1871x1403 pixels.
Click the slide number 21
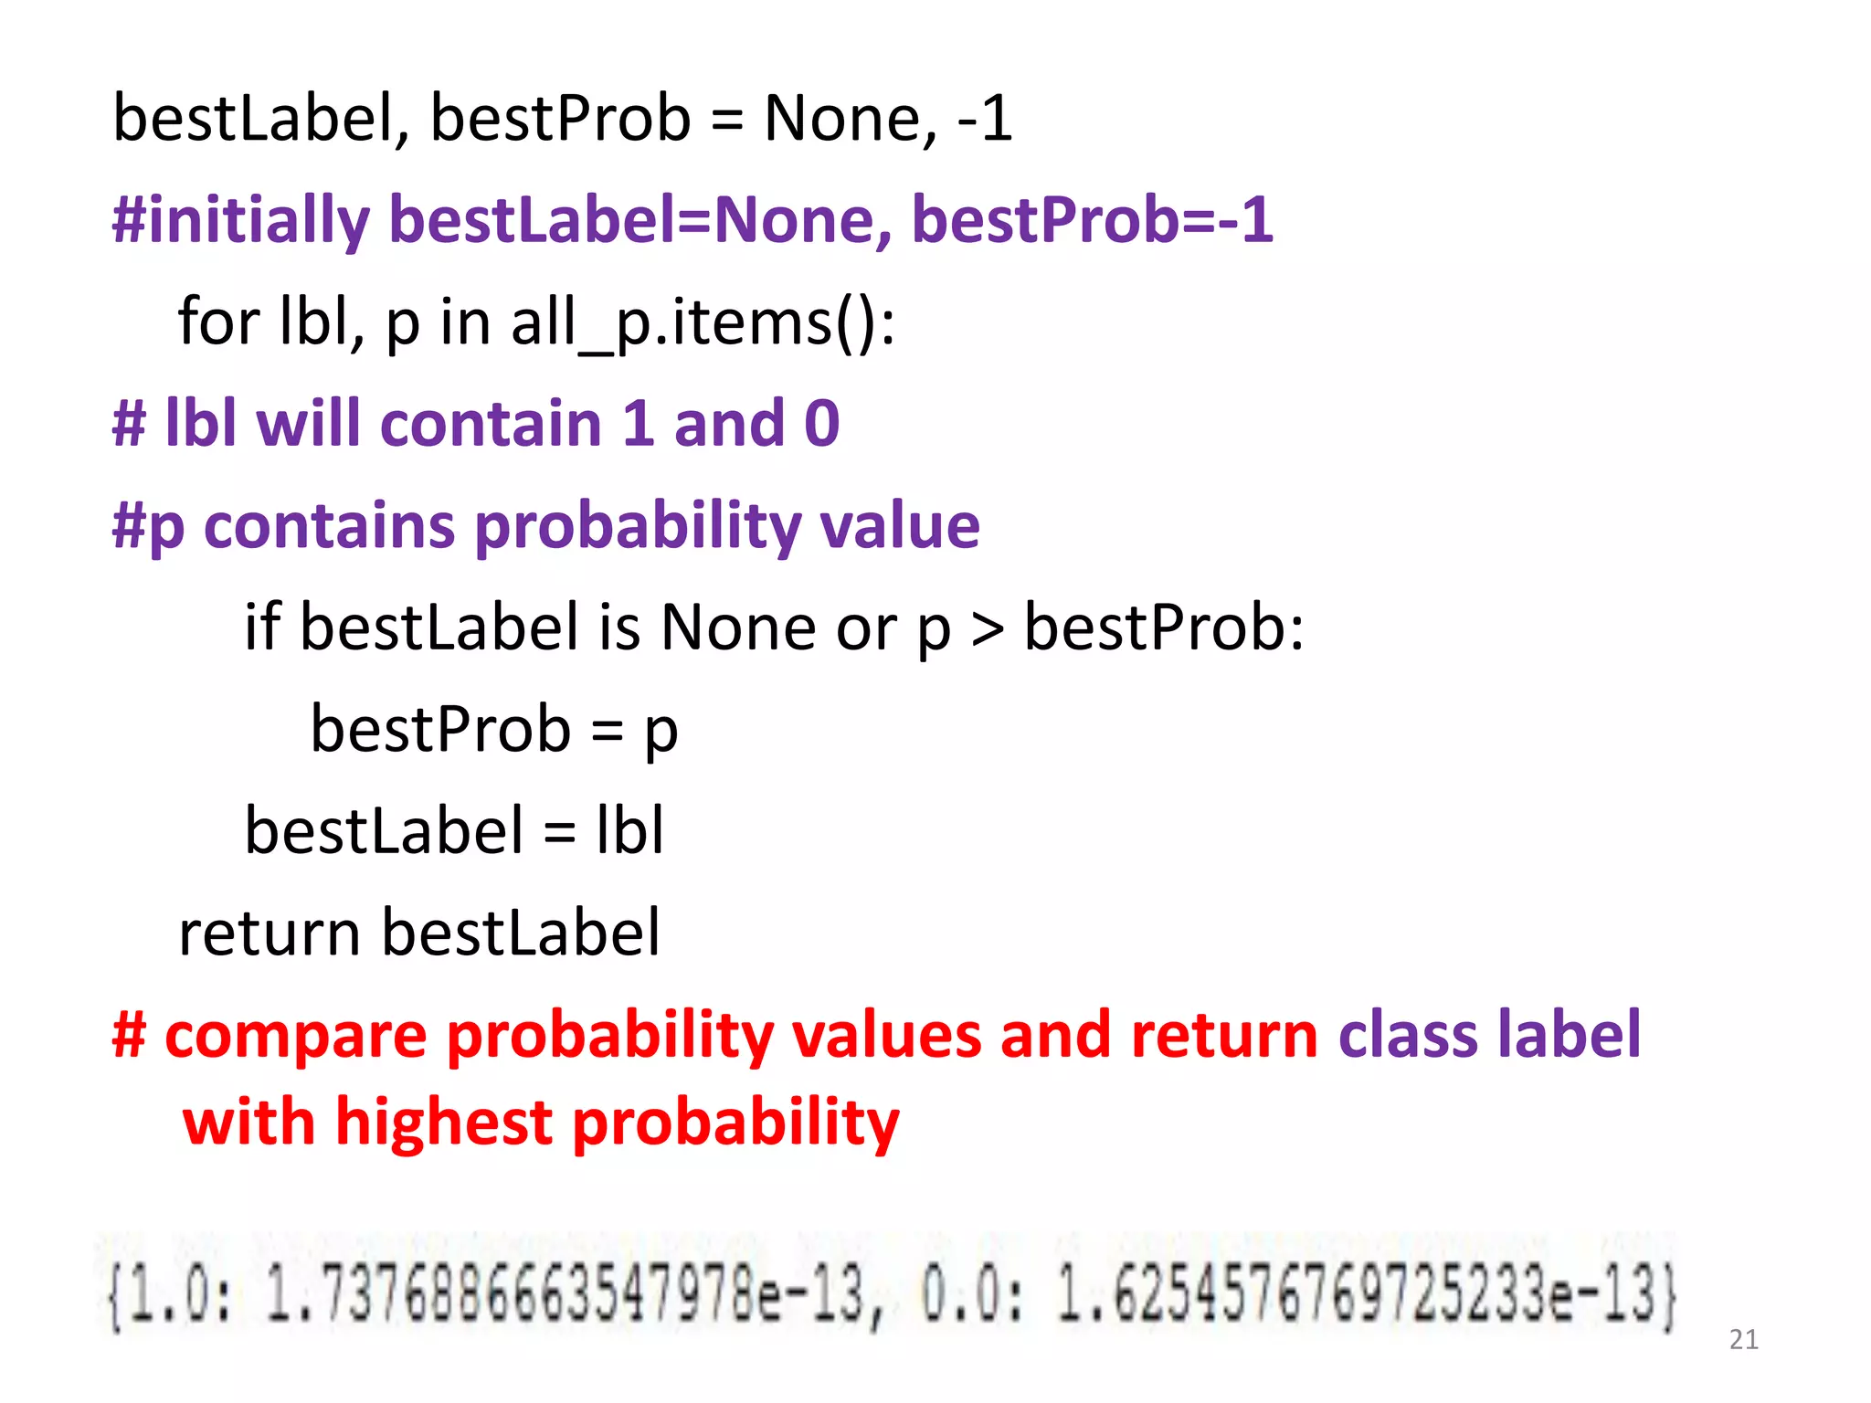click(1743, 1339)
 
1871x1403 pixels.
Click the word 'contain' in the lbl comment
click(491, 424)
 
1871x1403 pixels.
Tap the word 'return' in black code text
click(270, 934)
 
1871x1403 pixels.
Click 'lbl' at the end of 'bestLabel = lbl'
click(629, 831)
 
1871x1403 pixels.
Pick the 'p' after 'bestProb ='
click(661, 731)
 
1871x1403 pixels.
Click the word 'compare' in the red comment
click(295, 1036)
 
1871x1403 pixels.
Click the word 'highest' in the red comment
click(444, 1122)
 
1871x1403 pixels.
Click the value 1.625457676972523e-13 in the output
click(1366, 1294)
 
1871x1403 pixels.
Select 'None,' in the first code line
click(851, 119)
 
